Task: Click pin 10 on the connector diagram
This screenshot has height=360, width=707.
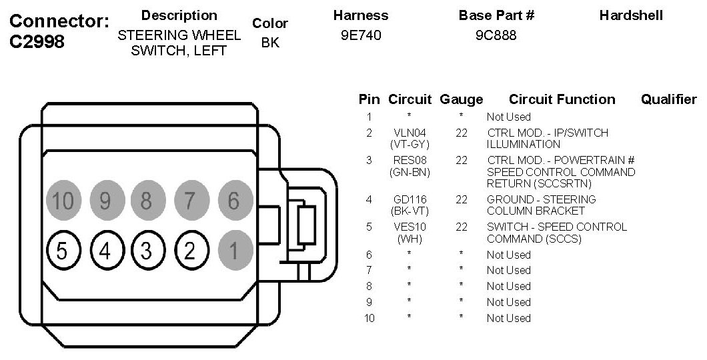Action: point(62,200)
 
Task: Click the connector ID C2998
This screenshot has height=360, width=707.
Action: point(37,42)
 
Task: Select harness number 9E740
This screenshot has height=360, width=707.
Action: point(360,36)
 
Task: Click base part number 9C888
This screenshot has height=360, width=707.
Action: point(496,36)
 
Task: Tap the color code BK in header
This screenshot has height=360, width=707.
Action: point(270,43)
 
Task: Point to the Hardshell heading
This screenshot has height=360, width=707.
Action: point(631,15)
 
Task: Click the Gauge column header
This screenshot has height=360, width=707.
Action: point(461,99)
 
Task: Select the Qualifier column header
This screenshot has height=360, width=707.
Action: point(668,99)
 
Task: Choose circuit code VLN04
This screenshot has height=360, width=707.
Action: point(410,133)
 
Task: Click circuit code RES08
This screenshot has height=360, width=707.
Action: point(410,160)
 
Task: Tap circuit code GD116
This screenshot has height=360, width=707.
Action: point(410,199)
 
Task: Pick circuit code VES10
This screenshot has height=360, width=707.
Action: point(410,227)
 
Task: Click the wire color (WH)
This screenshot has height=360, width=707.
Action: point(410,238)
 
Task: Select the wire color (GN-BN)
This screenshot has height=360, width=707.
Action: point(410,172)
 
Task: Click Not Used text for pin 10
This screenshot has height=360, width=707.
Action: point(508,318)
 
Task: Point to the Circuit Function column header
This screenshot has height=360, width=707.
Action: point(562,99)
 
